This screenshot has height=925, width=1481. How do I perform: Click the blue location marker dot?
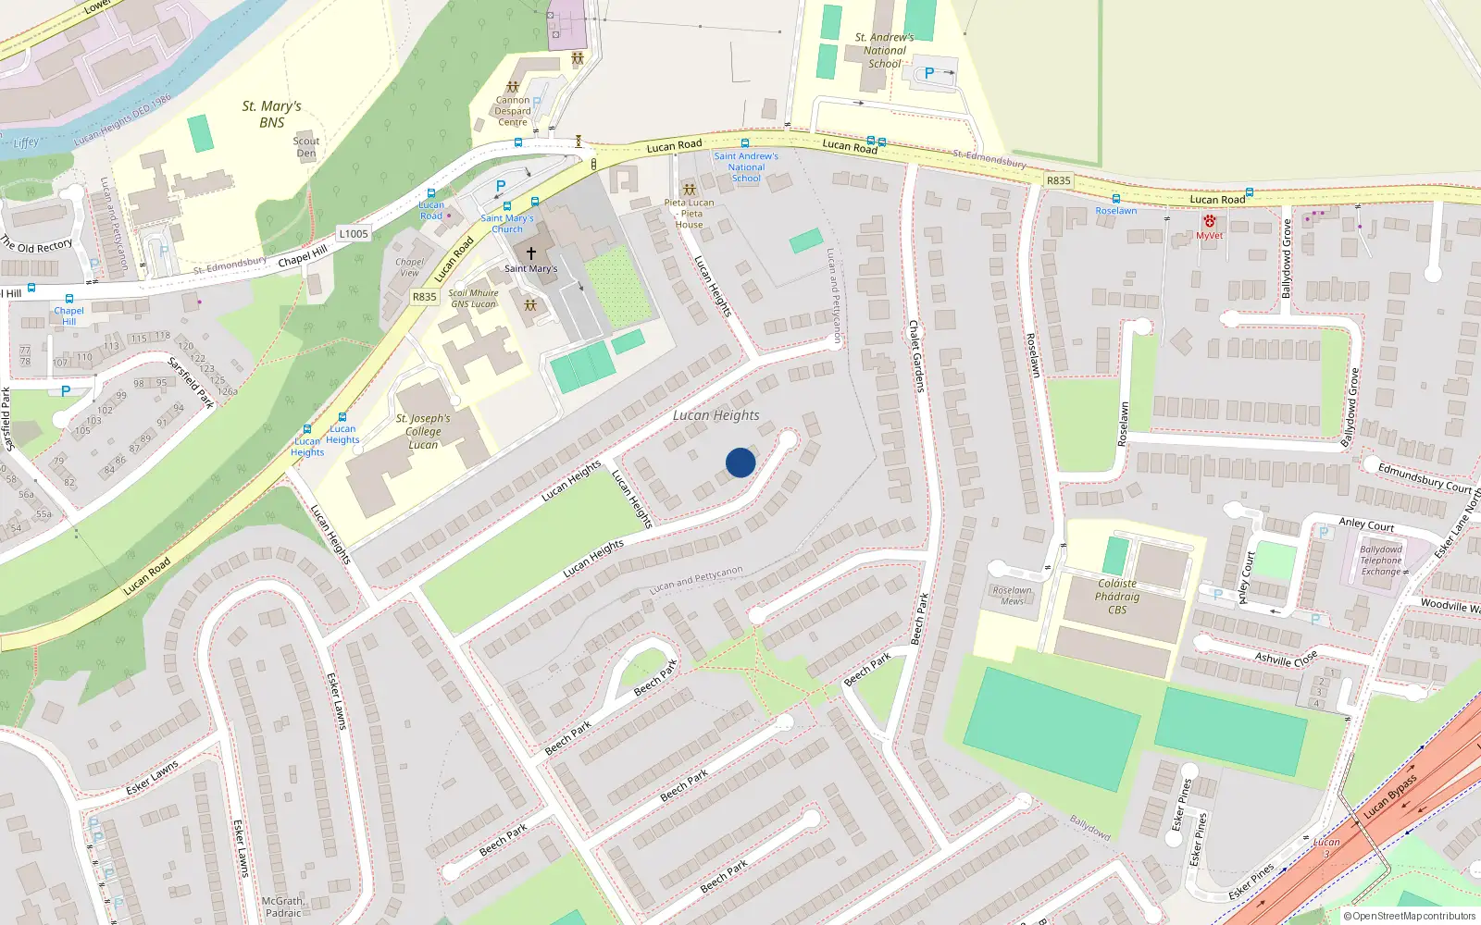(740, 462)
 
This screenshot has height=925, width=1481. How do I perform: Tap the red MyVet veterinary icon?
(1209, 222)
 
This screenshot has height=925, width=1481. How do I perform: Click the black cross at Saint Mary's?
(531, 253)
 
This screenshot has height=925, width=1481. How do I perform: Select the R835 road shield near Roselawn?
(1058, 180)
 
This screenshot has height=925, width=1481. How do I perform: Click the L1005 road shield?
(353, 234)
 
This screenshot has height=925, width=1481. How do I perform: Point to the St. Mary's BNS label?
(272, 114)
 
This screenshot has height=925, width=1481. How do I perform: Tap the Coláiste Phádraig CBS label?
(1117, 597)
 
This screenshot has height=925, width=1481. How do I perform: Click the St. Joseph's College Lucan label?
(423, 431)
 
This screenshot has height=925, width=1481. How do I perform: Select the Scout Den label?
(306, 147)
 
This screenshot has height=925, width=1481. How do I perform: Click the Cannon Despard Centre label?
(513, 111)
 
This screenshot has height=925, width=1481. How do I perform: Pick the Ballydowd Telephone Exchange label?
(1381, 561)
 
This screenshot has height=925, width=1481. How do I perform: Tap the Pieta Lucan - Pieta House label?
(689, 214)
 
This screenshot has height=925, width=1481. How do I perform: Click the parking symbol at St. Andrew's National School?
(929, 73)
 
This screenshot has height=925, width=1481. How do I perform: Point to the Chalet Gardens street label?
(915, 356)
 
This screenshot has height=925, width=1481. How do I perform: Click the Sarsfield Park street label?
(192, 382)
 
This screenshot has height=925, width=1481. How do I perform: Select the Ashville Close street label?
(1286, 659)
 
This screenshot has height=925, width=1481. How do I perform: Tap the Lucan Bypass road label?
(1390, 797)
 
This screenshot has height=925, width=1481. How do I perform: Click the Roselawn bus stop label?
(1116, 211)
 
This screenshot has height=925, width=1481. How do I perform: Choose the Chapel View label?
(409, 267)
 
